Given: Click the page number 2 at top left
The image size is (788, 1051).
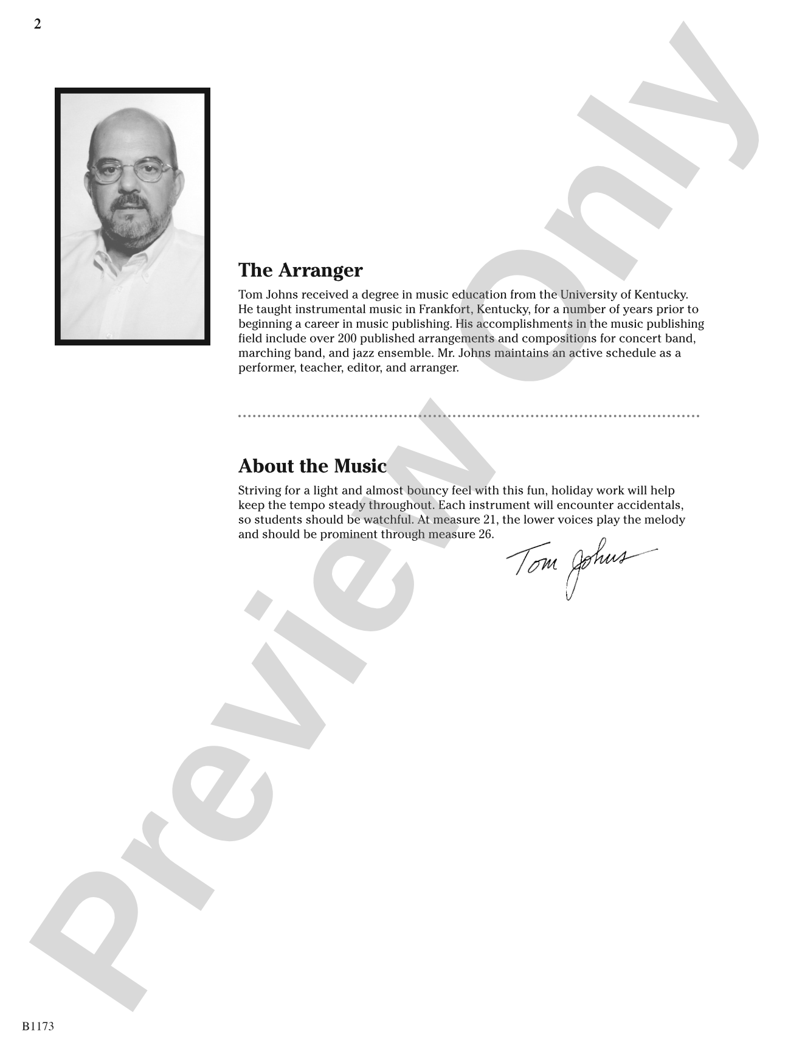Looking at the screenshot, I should click(x=38, y=24).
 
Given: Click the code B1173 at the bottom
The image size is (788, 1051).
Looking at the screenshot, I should click(x=38, y=1026).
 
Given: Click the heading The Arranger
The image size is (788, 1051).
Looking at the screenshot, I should click(x=300, y=270).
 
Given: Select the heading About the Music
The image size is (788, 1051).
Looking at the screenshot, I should click(x=313, y=466).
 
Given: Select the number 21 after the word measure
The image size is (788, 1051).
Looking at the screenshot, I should click(x=482, y=520).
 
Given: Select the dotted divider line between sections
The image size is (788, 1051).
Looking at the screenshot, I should click(x=468, y=417).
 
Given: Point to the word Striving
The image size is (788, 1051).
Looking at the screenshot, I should click(x=260, y=491).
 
